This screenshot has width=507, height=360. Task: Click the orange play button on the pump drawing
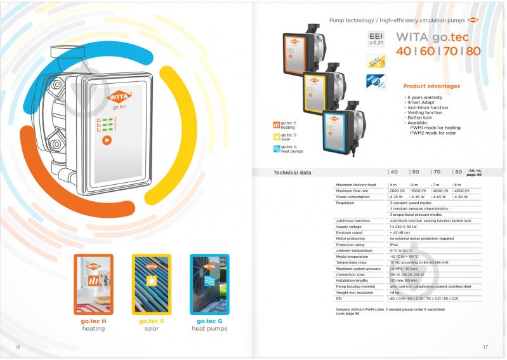(107, 141)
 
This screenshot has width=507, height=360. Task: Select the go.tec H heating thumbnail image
(93, 284)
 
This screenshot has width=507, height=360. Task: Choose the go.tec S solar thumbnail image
(151, 284)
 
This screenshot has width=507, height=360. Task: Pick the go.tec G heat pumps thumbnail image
(209, 284)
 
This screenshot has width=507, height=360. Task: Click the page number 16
(18, 347)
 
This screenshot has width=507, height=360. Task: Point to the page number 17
(485, 347)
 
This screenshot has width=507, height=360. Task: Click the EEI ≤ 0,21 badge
(376, 39)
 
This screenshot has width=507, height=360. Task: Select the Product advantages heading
(431, 86)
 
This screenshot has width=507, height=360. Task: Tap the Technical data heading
(292, 172)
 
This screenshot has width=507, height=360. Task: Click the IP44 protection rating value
(393, 244)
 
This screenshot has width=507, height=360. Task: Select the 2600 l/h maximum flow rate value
(398, 190)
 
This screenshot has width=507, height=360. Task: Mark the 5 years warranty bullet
(426, 97)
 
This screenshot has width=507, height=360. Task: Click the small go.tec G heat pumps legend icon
(276, 148)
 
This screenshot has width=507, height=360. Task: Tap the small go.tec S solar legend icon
(276, 136)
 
